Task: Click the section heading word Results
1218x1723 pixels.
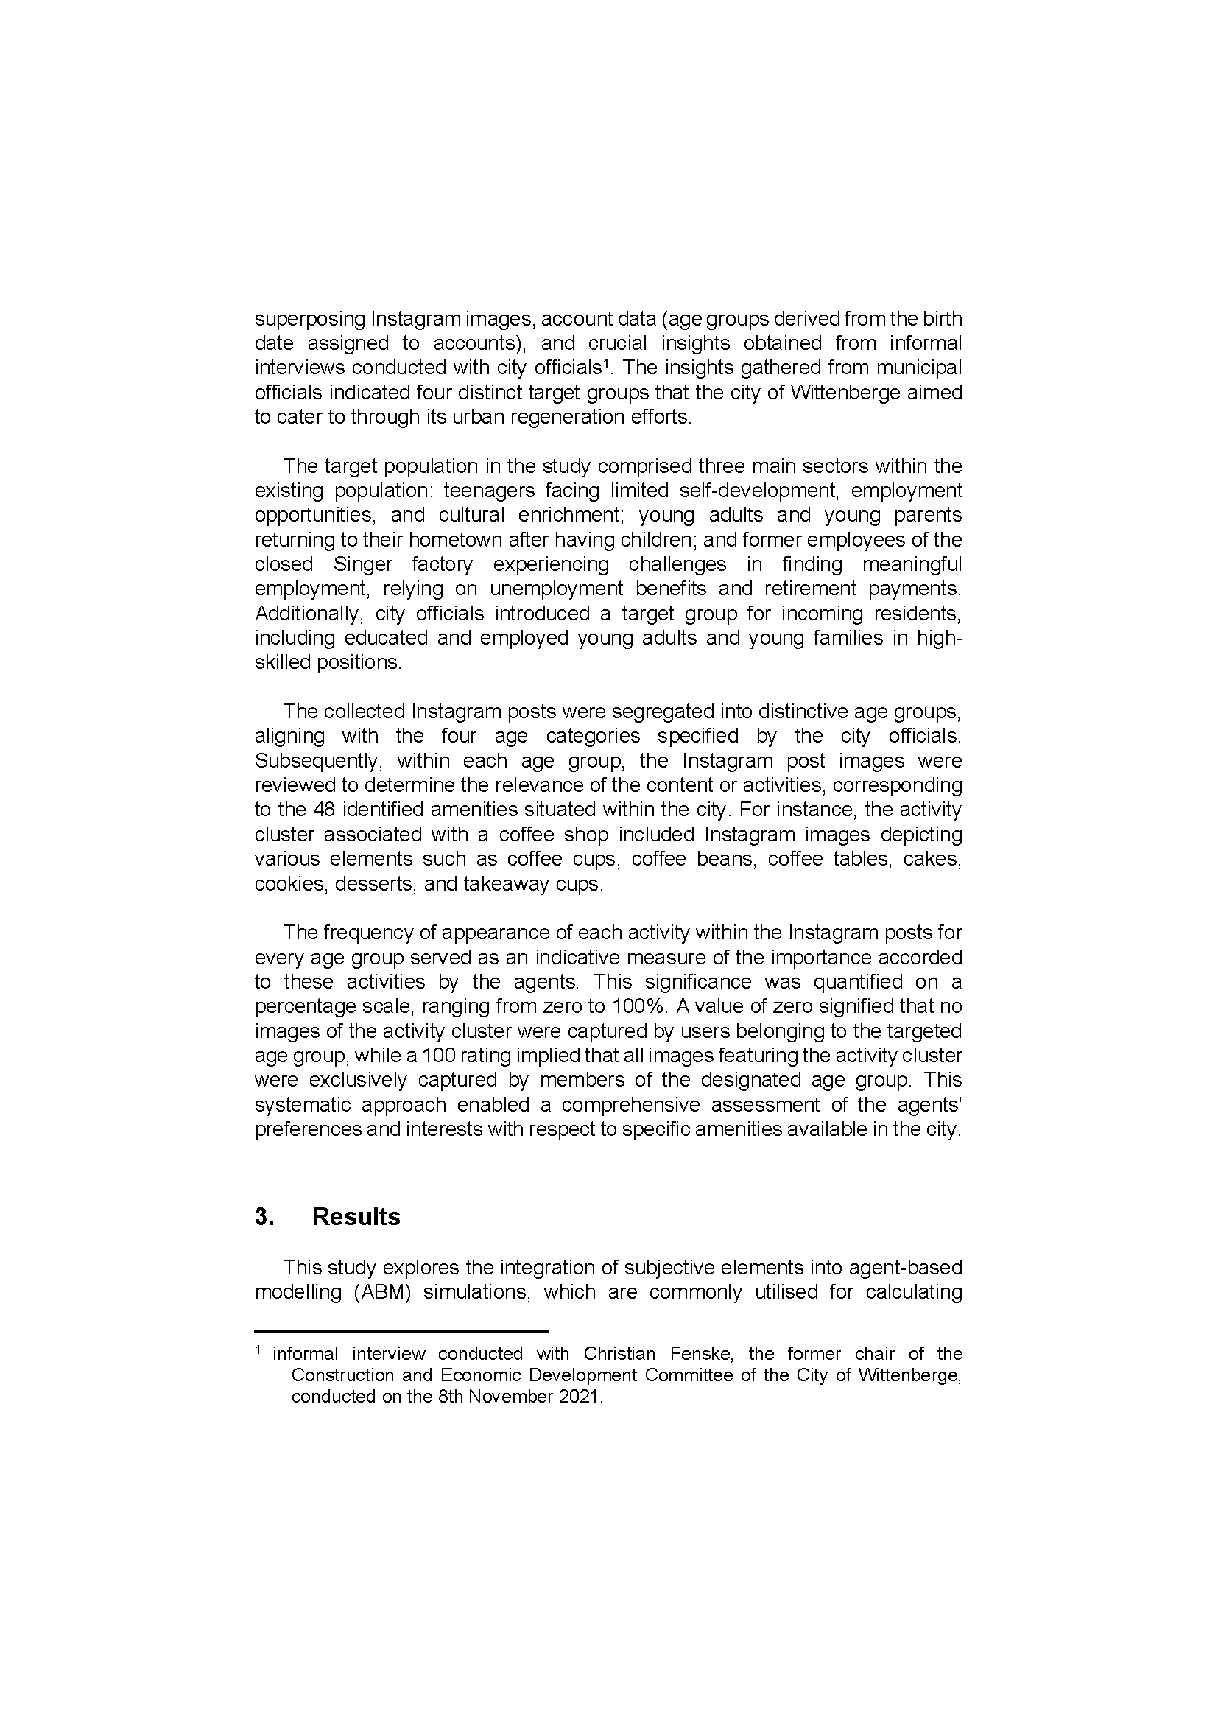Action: point(356,1216)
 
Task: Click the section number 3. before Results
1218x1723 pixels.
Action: point(264,1216)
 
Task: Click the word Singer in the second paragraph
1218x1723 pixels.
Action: point(363,564)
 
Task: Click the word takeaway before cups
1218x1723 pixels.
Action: point(506,884)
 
